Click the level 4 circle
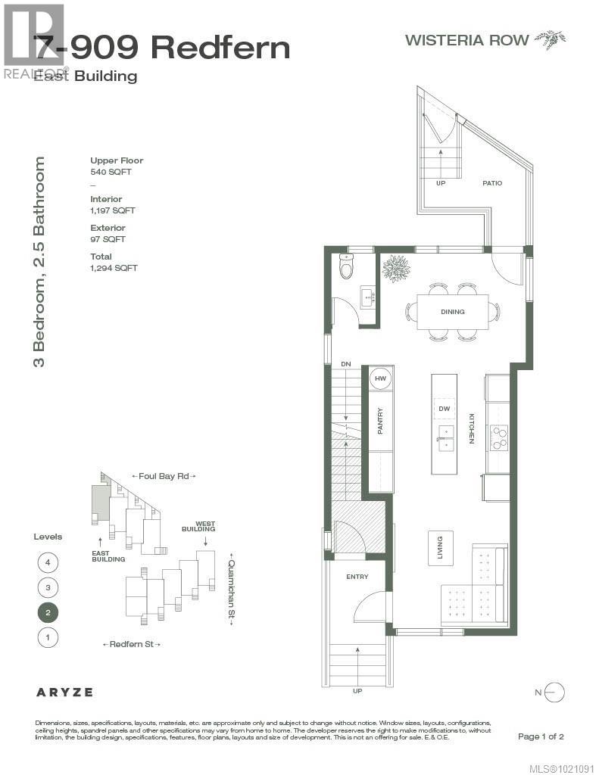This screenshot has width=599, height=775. pyautogui.click(x=48, y=562)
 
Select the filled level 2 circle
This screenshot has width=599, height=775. pyautogui.click(x=48, y=612)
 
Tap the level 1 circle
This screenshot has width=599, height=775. pyautogui.click(x=48, y=637)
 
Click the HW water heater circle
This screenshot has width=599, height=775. pyautogui.click(x=380, y=378)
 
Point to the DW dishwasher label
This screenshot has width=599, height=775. pyautogui.click(x=445, y=409)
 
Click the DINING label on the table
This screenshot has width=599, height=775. pyautogui.click(x=452, y=312)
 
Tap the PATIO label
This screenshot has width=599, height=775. pyautogui.click(x=491, y=183)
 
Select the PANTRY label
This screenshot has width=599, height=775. pyautogui.click(x=380, y=421)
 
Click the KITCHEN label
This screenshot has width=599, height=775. pyautogui.click(x=471, y=428)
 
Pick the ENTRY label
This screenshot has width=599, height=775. pyautogui.click(x=357, y=577)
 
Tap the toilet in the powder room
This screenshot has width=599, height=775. pyautogui.click(x=347, y=267)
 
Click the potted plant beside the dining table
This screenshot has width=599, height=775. pyautogui.click(x=396, y=268)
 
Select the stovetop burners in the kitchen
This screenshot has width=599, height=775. pyautogui.click(x=499, y=437)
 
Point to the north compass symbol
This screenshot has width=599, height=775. pyautogui.click(x=554, y=691)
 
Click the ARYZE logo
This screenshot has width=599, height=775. pyautogui.click(x=64, y=692)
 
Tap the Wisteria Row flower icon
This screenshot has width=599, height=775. pyautogui.click(x=551, y=39)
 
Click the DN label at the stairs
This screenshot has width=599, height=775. pyautogui.click(x=346, y=365)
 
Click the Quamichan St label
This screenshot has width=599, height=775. pyautogui.click(x=232, y=589)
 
